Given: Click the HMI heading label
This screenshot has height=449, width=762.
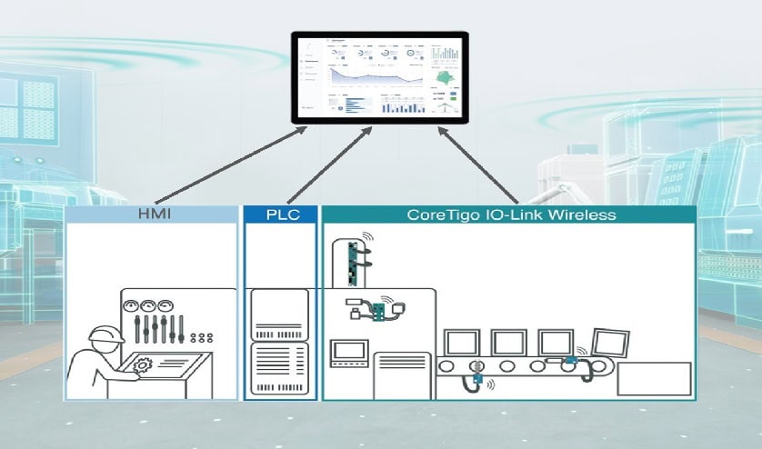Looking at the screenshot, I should (153, 215).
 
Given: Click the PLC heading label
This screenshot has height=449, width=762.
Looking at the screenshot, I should (278, 215).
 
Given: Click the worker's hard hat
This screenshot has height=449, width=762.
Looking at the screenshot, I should (107, 334).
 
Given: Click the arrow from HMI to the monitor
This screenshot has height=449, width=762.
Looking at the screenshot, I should (233, 165).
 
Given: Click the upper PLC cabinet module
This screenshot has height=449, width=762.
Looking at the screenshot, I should (279, 311).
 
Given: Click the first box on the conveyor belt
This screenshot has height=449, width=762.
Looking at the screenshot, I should (460, 342).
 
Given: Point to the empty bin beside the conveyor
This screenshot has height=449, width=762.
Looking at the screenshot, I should (654, 378).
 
